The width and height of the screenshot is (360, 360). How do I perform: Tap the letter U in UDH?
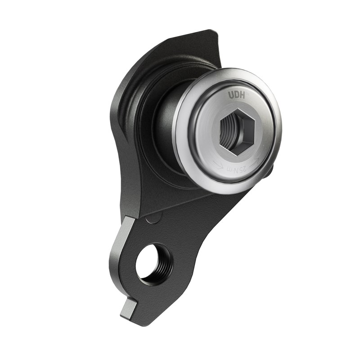[x=230, y=95]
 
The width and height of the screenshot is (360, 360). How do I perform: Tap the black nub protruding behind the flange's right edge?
[x=269, y=171]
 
